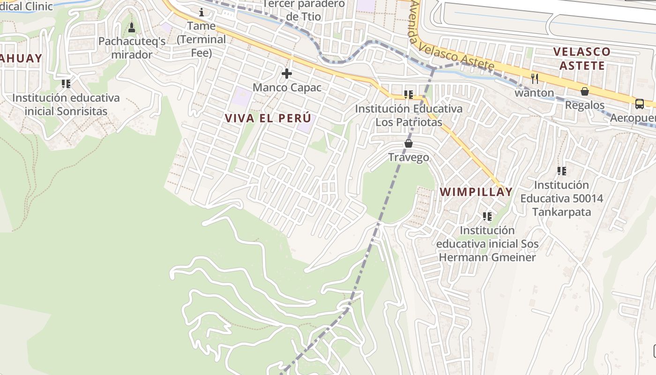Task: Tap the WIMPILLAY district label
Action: pyautogui.click(x=476, y=192)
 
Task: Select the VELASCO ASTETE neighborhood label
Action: pyautogui.click(x=582, y=58)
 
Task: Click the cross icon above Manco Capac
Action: pyautogui.click(x=287, y=74)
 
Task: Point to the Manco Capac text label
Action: pyautogui.click(x=287, y=88)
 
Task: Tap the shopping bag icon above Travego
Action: pyautogui.click(x=409, y=143)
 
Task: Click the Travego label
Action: pyautogui.click(x=409, y=157)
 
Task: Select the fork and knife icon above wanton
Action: pyautogui.click(x=534, y=78)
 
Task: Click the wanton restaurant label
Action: pyautogui.click(x=534, y=93)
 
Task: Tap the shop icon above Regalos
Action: pyautogui.click(x=585, y=91)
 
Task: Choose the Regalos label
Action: pyautogui.click(x=585, y=105)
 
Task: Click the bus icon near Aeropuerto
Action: pyautogui.click(x=640, y=104)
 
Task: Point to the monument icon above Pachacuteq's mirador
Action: pyautogui.click(x=132, y=28)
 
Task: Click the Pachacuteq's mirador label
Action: pyautogui.click(x=132, y=48)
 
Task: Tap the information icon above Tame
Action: pyautogui.click(x=201, y=12)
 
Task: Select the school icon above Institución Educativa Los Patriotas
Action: pyautogui.click(x=409, y=95)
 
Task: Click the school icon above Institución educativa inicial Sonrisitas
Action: pyautogui.click(x=66, y=84)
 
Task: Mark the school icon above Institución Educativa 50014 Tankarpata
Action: pyautogui.click(x=562, y=171)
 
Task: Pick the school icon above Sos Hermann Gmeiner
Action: pyautogui.click(x=487, y=216)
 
